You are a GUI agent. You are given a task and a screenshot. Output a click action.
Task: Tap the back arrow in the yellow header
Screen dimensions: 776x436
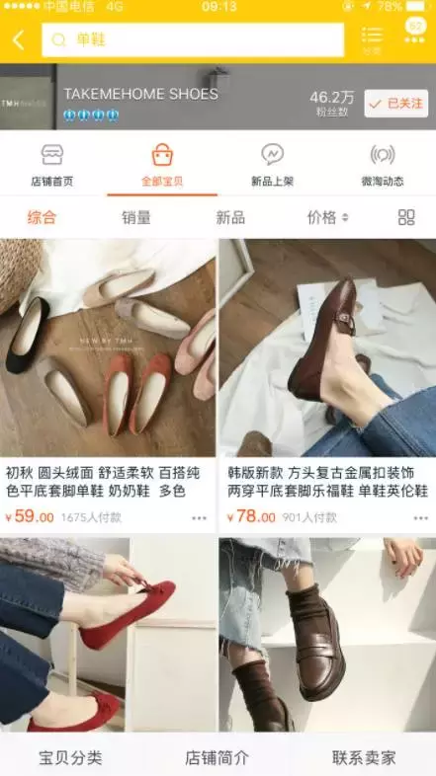coord(19,40)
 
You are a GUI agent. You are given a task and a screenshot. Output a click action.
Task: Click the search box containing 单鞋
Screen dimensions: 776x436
coord(193,40)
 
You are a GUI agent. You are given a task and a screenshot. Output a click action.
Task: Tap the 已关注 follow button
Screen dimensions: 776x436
coord(395,103)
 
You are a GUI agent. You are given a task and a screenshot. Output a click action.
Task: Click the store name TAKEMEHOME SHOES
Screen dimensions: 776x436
coord(140,94)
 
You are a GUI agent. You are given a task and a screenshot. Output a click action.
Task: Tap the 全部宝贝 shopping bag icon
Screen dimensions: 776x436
coord(162,155)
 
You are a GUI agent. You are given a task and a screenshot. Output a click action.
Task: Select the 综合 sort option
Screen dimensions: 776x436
coord(42,217)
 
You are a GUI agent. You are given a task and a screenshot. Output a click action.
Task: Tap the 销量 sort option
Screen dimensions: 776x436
coord(136,217)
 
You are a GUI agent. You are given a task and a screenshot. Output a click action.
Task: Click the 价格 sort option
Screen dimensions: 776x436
coord(327,217)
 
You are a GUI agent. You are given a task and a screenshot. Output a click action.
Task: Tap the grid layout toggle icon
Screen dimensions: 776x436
coord(406,217)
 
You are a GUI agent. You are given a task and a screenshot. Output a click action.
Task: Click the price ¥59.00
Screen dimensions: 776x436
coord(30,516)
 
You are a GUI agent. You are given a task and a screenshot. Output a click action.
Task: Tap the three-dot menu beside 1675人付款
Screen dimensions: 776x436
coord(200,517)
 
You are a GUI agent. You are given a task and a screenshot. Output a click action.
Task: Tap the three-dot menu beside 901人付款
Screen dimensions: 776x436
coord(421,517)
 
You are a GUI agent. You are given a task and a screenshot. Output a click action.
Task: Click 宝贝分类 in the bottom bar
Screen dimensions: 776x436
coord(70,757)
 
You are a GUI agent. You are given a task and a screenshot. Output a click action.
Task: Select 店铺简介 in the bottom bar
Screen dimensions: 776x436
coord(218,757)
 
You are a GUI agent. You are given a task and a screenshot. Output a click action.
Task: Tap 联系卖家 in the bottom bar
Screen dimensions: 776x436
coord(364,757)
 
